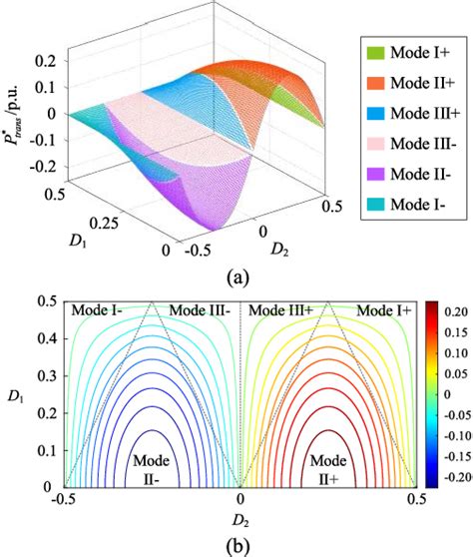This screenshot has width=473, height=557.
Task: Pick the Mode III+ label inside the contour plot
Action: click(282, 311)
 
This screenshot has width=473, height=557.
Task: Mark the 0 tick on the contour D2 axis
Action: click(239, 498)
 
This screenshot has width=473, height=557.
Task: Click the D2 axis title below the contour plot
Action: click(240, 520)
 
